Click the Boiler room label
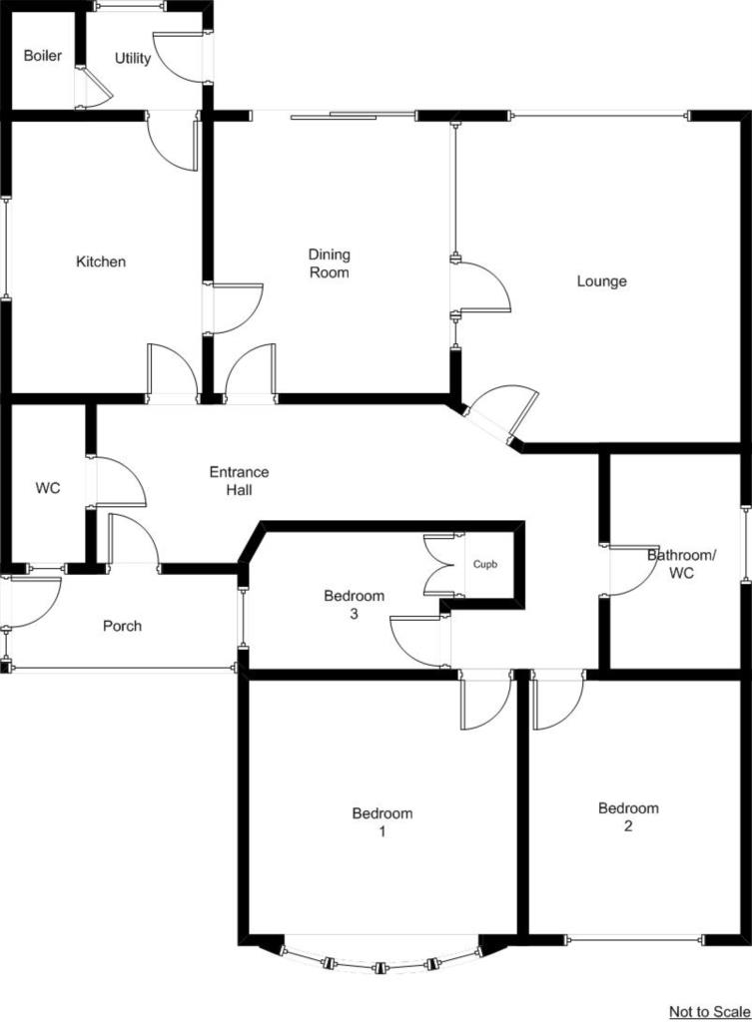point(42,56)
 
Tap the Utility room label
point(133,58)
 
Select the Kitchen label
point(101,262)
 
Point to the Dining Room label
point(329,263)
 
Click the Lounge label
point(601,281)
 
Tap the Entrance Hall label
point(239,481)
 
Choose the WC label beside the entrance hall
point(48,489)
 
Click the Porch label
point(122,627)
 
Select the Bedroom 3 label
point(354,606)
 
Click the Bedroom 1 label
point(381,821)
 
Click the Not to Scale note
point(709,1012)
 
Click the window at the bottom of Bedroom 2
point(633,939)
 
